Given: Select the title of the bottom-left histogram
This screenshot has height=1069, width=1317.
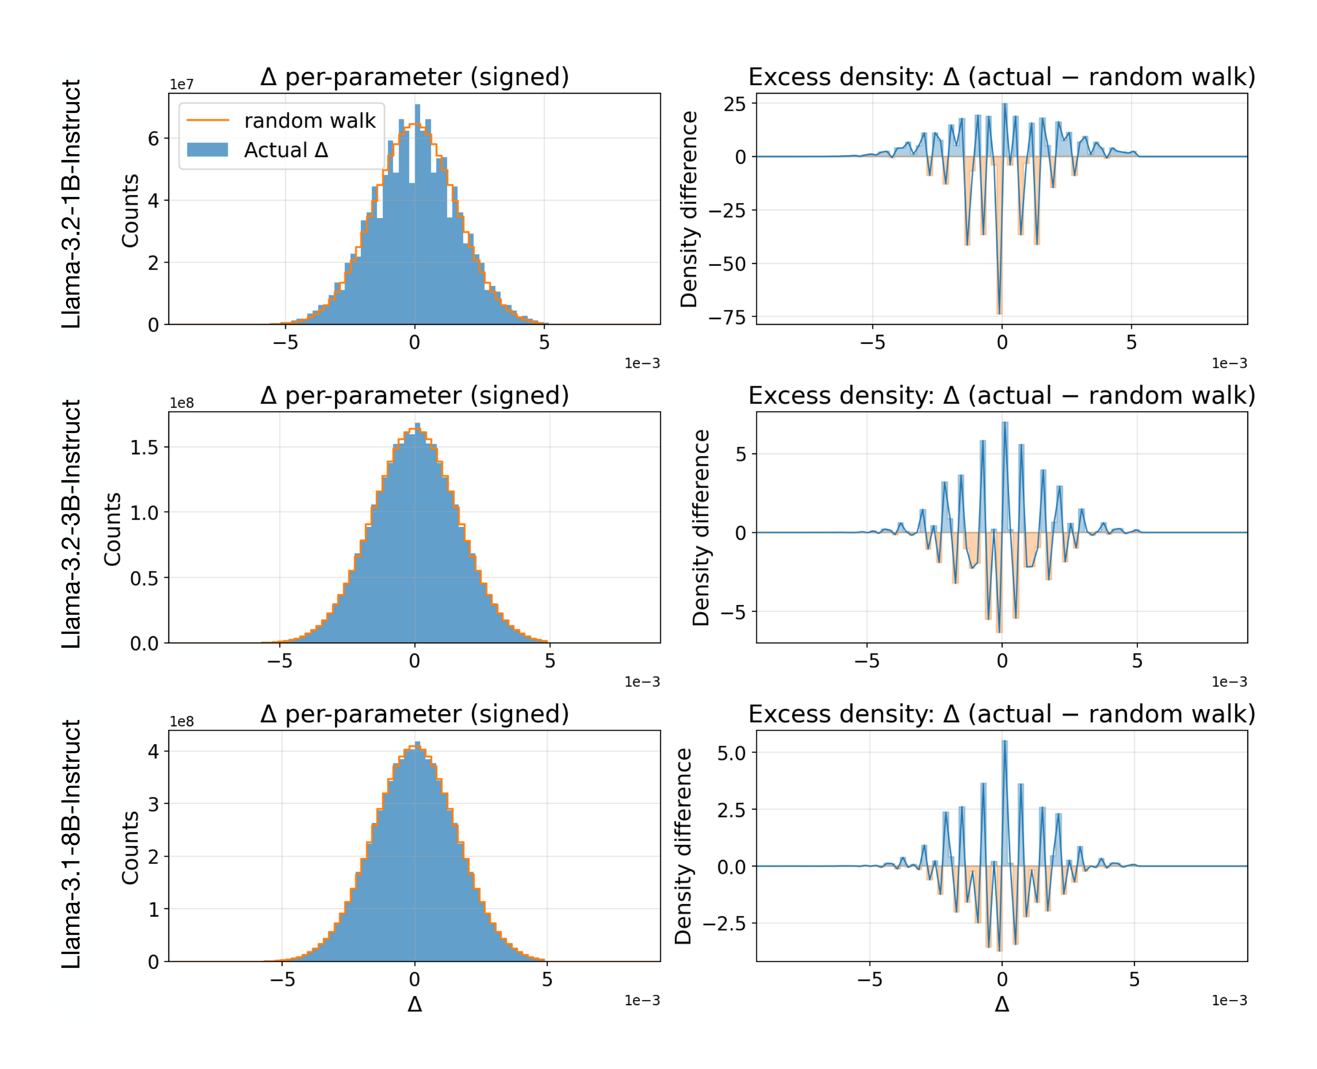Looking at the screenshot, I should click(x=414, y=714).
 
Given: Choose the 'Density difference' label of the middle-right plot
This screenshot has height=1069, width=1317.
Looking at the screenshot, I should click(x=701, y=528).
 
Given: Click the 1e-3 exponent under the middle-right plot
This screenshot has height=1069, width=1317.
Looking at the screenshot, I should click(x=1229, y=682).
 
